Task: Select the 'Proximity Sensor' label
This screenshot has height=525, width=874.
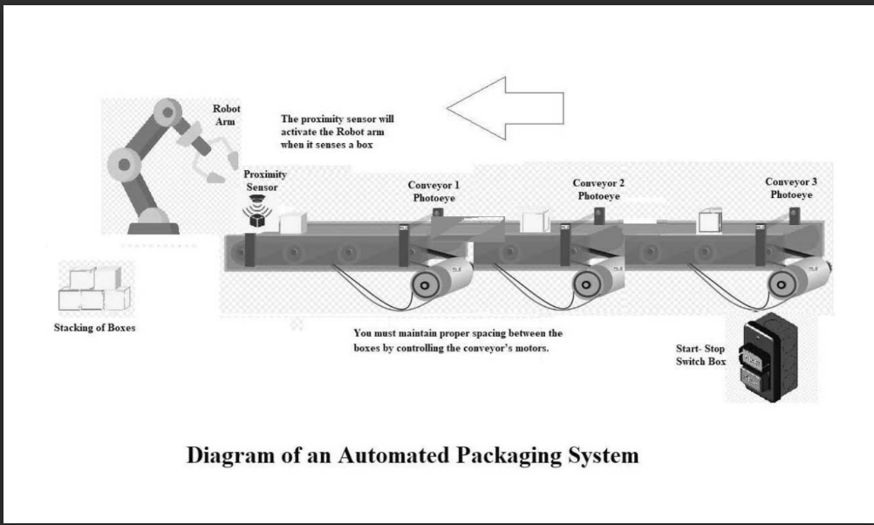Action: point(265,181)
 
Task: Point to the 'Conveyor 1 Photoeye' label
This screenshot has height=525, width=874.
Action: point(434,192)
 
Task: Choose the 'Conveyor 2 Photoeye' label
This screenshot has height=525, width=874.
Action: point(598,189)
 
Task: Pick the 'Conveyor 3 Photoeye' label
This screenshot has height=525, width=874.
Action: point(791,188)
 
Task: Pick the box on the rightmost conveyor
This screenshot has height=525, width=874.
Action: point(710,222)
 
